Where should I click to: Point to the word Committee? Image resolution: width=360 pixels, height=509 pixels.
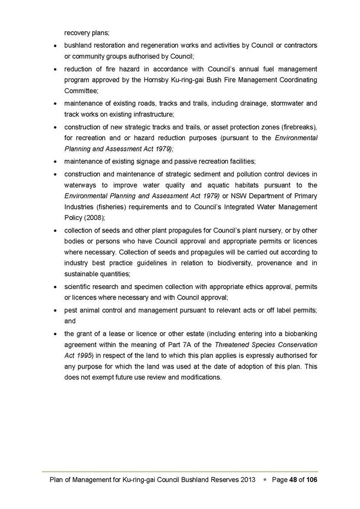pos(80,92)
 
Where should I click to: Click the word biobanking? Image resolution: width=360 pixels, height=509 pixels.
pos(296,333)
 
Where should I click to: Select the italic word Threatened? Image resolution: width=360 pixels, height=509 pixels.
pos(234,345)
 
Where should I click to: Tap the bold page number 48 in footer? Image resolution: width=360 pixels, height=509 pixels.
pos(294,480)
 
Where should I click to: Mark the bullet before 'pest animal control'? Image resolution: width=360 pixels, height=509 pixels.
pos(56,310)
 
